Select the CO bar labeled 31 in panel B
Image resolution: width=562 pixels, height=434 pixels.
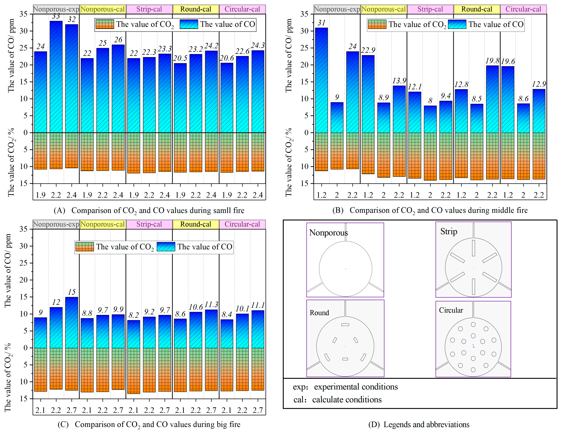pos(321,80)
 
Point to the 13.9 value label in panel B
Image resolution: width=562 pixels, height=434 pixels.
pos(399,81)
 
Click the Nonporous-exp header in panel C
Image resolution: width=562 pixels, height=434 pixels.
pos(56,224)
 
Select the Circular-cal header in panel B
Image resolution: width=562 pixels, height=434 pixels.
pos(523,9)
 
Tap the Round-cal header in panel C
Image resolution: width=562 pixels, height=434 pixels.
pos(196,224)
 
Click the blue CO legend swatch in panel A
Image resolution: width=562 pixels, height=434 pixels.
pos(189,24)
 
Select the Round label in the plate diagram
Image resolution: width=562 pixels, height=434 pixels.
pos(319,313)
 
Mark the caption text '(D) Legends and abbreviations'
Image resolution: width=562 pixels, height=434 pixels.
pos(419,425)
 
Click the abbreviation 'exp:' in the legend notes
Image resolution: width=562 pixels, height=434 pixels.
pos(300,387)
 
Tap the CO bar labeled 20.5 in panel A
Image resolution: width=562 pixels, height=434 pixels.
pos(180,98)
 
